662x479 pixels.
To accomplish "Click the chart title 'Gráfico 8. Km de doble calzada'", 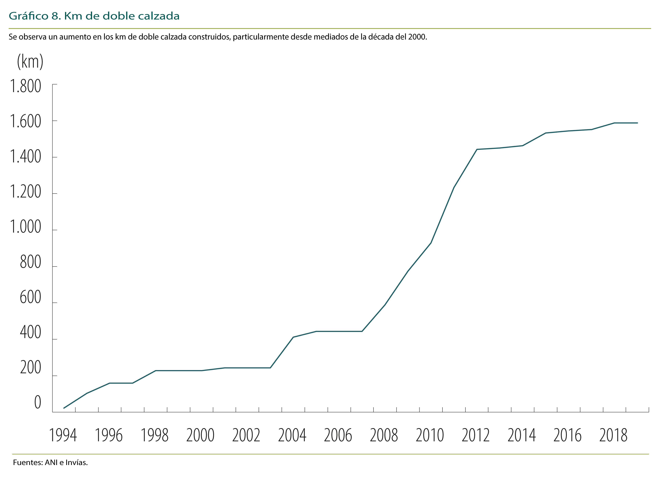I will (x=94, y=16).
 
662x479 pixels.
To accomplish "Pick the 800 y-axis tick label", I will (x=30, y=262).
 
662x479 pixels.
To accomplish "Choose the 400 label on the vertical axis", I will (x=30, y=332).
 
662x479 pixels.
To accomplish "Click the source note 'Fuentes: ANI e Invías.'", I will (x=50, y=463).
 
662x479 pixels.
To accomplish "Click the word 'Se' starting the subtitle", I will (x=13, y=37).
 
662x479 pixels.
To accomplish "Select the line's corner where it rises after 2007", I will (x=362, y=331).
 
